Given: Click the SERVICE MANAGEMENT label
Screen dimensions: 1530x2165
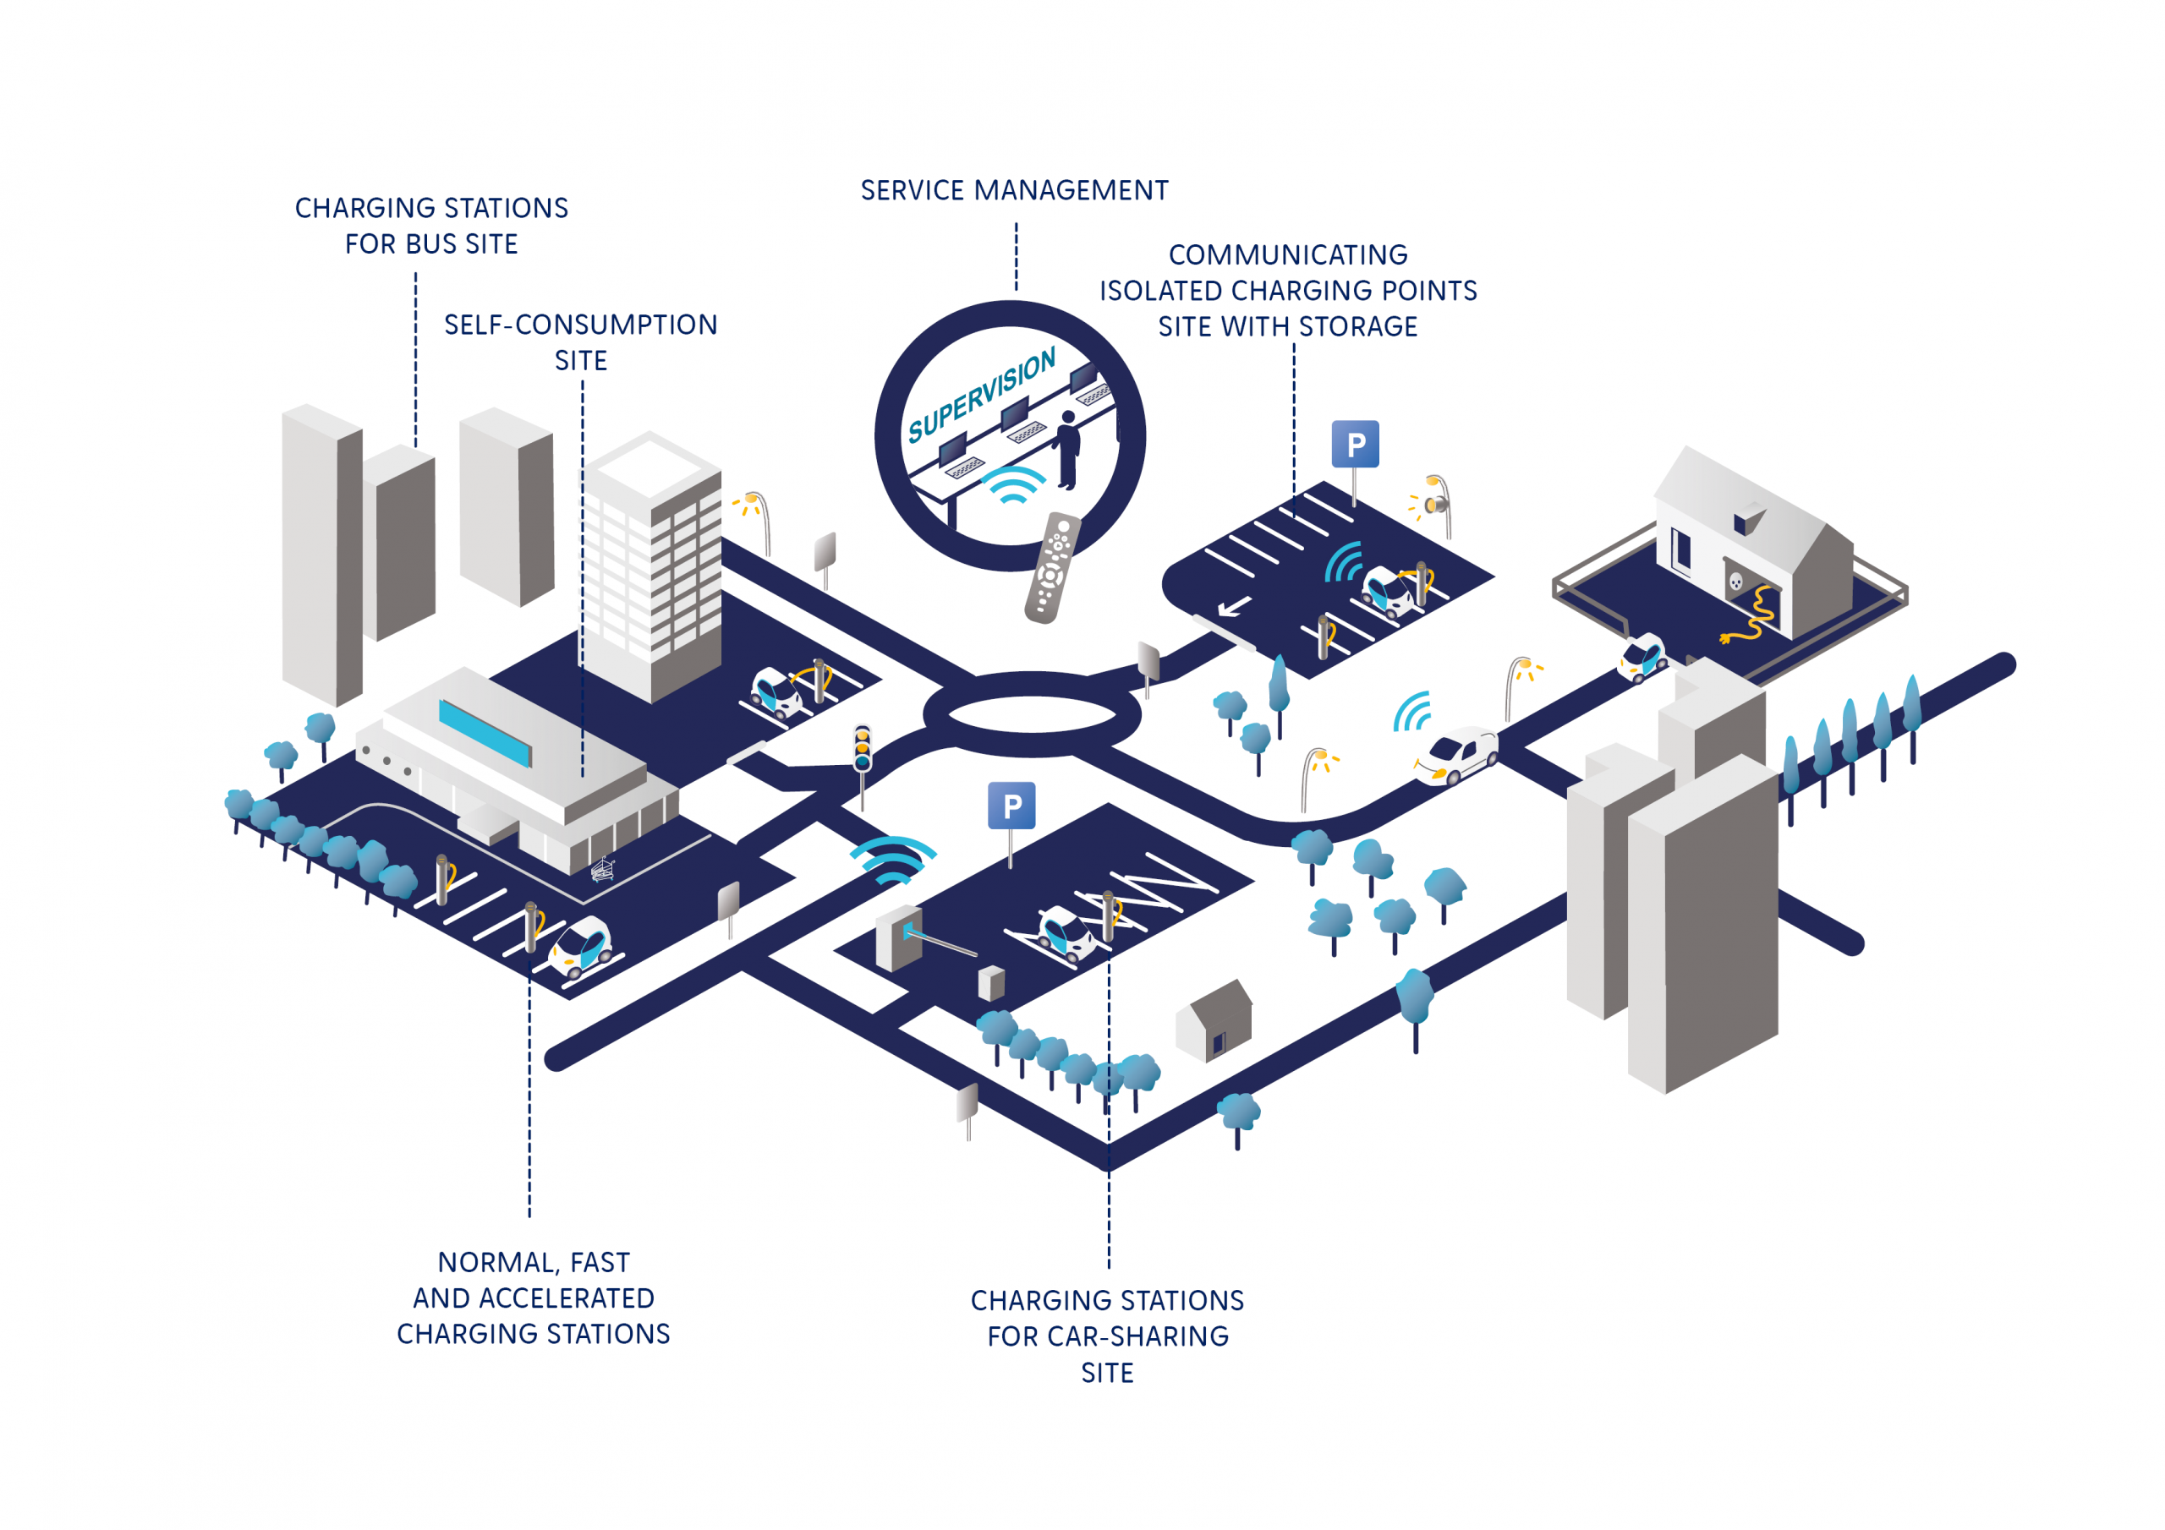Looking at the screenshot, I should point(1014,190).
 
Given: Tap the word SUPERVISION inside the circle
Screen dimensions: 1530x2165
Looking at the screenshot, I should point(981,396).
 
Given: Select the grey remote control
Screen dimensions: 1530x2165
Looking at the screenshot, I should point(1051,567).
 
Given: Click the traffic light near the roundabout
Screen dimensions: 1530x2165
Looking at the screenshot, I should point(862,750).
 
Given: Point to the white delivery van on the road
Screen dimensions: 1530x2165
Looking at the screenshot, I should point(1458,754).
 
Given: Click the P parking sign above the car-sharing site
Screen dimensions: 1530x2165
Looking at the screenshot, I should point(1011,806).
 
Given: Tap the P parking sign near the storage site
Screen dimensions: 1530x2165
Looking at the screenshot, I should point(1355,444).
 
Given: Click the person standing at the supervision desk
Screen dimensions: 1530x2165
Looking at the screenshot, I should point(1067,450).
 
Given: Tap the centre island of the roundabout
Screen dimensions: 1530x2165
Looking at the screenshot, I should point(1032,714).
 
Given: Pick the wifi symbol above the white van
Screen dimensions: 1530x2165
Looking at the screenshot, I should point(1413,712).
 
